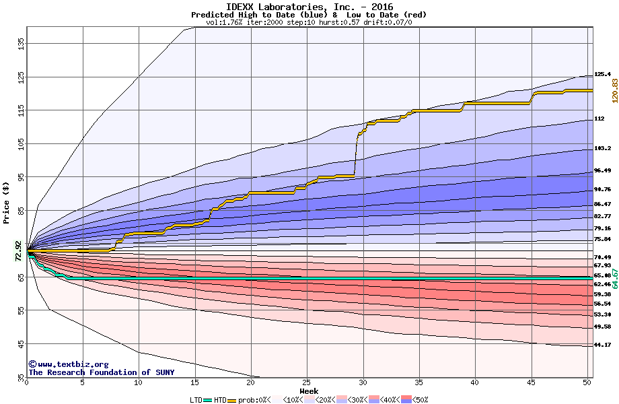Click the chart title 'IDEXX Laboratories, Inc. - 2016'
[309, 6]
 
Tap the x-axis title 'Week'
[309, 391]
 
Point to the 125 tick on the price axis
[20, 77]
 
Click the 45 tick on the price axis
[20, 343]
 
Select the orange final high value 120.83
[614, 89]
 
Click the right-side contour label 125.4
[602, 74]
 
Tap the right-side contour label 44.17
[602, 345]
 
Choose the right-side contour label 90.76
[602, 189]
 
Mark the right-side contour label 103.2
[602, 148]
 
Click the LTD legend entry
[197, 399]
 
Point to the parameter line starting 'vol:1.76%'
[309, 22]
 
